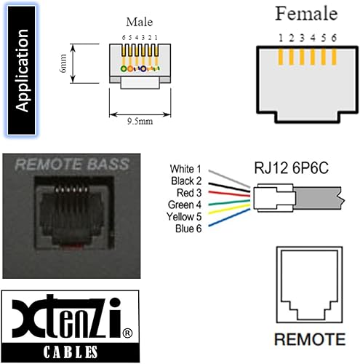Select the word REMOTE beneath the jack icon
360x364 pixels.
[x=310, y=339]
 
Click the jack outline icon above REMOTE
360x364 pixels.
[x=310, y=287]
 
